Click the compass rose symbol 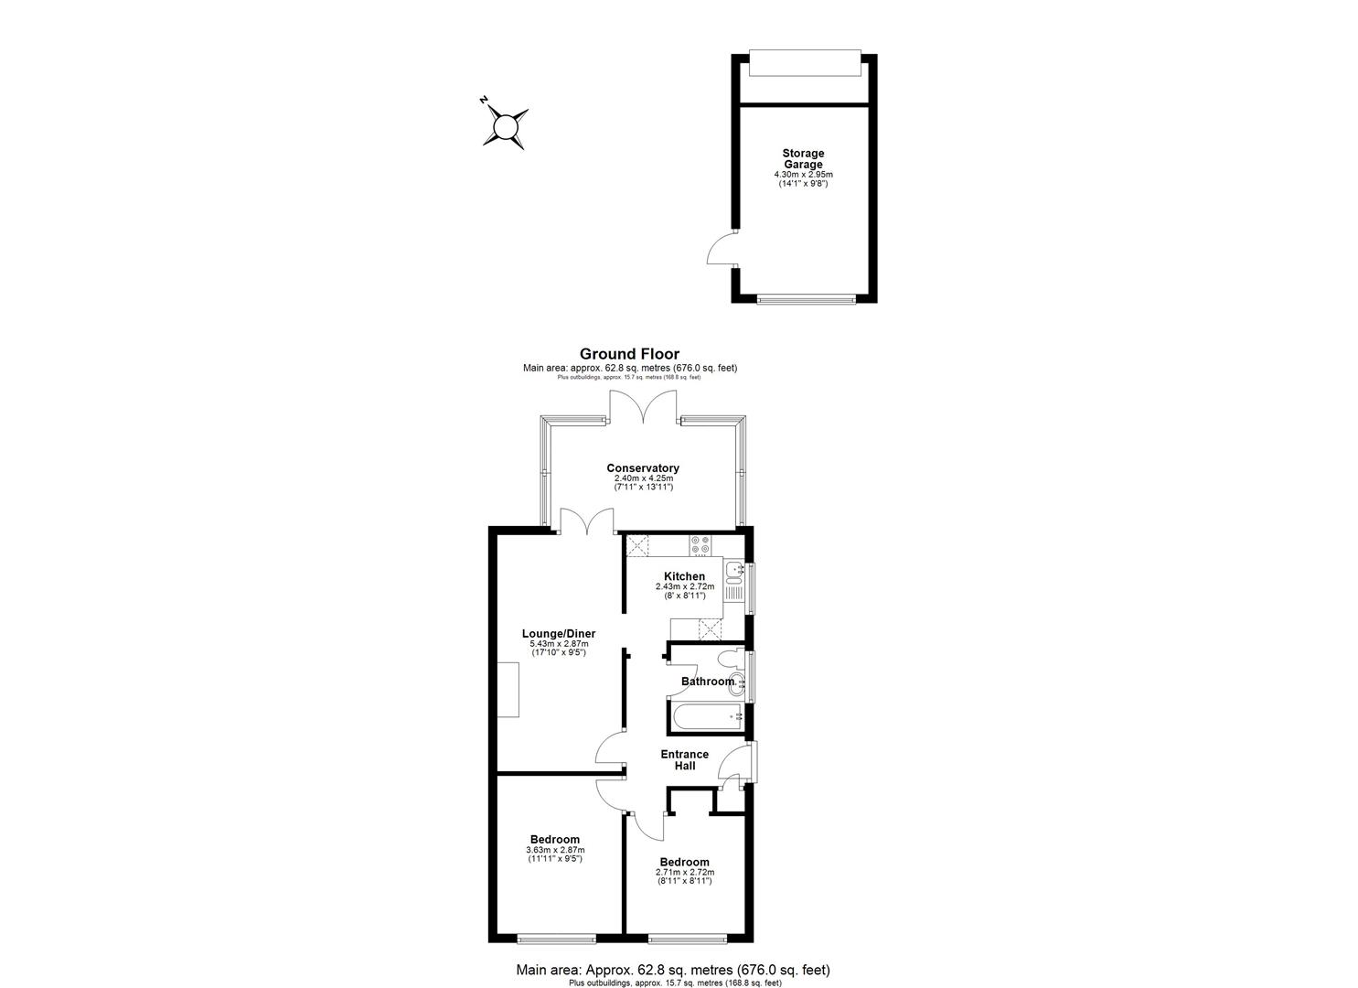(504, 126)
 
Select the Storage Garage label (803, 159)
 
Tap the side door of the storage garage (722, 248)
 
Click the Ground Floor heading (629, 354)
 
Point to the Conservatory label (643, 468)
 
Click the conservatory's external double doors (643, 408)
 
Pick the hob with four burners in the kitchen (700, 545)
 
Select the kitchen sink (733, 574)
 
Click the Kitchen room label (684, 576)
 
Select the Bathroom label (708, 682)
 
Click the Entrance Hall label (685, 760)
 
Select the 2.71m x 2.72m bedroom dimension (685, 873)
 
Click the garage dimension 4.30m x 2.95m (803, 174)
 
